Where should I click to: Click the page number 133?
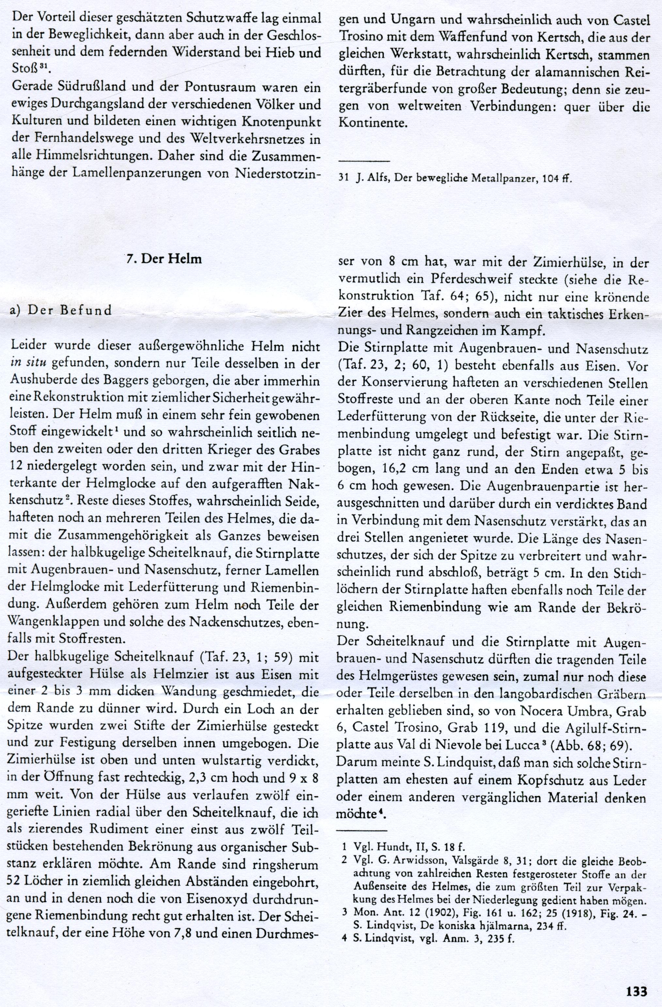click(x=637, y=988)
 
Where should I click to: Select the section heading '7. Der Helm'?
click(x=165, y=259)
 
